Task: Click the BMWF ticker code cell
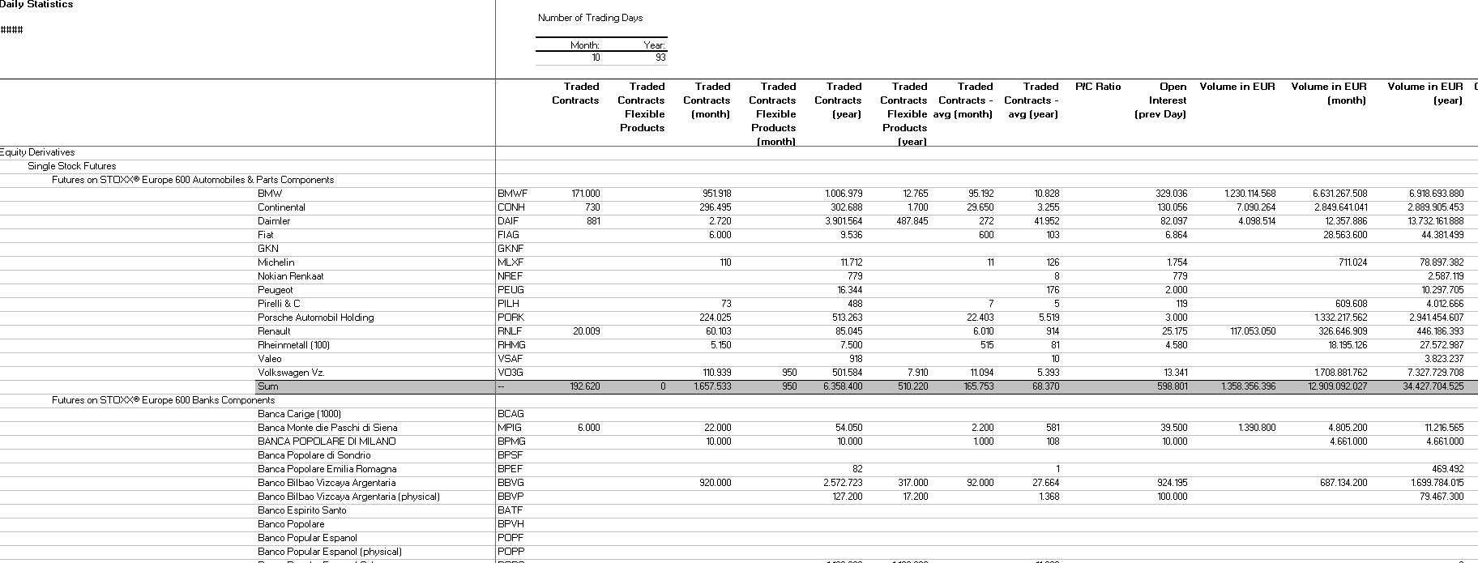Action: click(x=512, y=194)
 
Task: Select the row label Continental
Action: click(x=281, y=207)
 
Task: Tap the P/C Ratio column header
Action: click(x=1097, y=87)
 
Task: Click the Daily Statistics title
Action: click(x=36, y=5)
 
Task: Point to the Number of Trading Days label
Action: click(x=590, y=18)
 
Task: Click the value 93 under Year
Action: click(x=660, y=58)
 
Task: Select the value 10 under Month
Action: click(x=596, y=58)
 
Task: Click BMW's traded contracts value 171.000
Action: click(x=586, y=194)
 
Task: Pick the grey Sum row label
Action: click(x=268, y=386)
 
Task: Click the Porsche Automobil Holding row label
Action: click(x=315, y=318)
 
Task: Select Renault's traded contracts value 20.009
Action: click(x=586, y=331)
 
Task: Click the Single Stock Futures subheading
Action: click(x=71, y=166)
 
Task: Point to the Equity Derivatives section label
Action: click(x=38, y=152)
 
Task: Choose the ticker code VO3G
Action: click(x=510, y=373)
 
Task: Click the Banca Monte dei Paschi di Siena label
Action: click(x=327, y=428)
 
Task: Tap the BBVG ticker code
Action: click(x=510, y=483)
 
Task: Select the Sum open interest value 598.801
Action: click(x=1171, y=386)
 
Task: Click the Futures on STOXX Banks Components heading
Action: click(x=163, y=400)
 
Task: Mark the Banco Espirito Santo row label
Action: click(x=301, y=510)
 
